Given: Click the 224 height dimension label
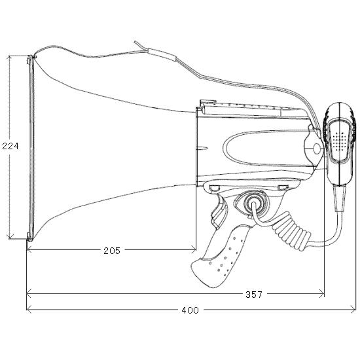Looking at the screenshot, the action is pos(10,146).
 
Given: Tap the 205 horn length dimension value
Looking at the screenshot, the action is pos(112,251).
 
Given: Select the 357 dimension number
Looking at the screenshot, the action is pos(254,295).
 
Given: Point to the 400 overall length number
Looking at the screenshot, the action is pos(190,310).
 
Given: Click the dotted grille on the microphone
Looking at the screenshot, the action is pos(340,141).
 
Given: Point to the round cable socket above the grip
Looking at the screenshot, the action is pos(253,203).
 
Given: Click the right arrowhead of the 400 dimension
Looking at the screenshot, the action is pos(353,309).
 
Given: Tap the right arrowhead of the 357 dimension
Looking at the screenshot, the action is pos(322,293).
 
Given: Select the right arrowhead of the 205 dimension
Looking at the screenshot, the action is pos(194,249).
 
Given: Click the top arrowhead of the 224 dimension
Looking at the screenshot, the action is pos(9,58).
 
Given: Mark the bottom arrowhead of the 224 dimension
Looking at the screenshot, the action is pos(10,236).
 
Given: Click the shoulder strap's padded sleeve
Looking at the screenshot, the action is pos(162,54).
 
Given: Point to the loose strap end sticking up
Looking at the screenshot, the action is pos(141,46).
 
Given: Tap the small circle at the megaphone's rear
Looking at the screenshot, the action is pos(317,149).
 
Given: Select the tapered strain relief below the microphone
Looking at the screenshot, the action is pos(340,198).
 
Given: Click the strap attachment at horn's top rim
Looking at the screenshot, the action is pos(35,56).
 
